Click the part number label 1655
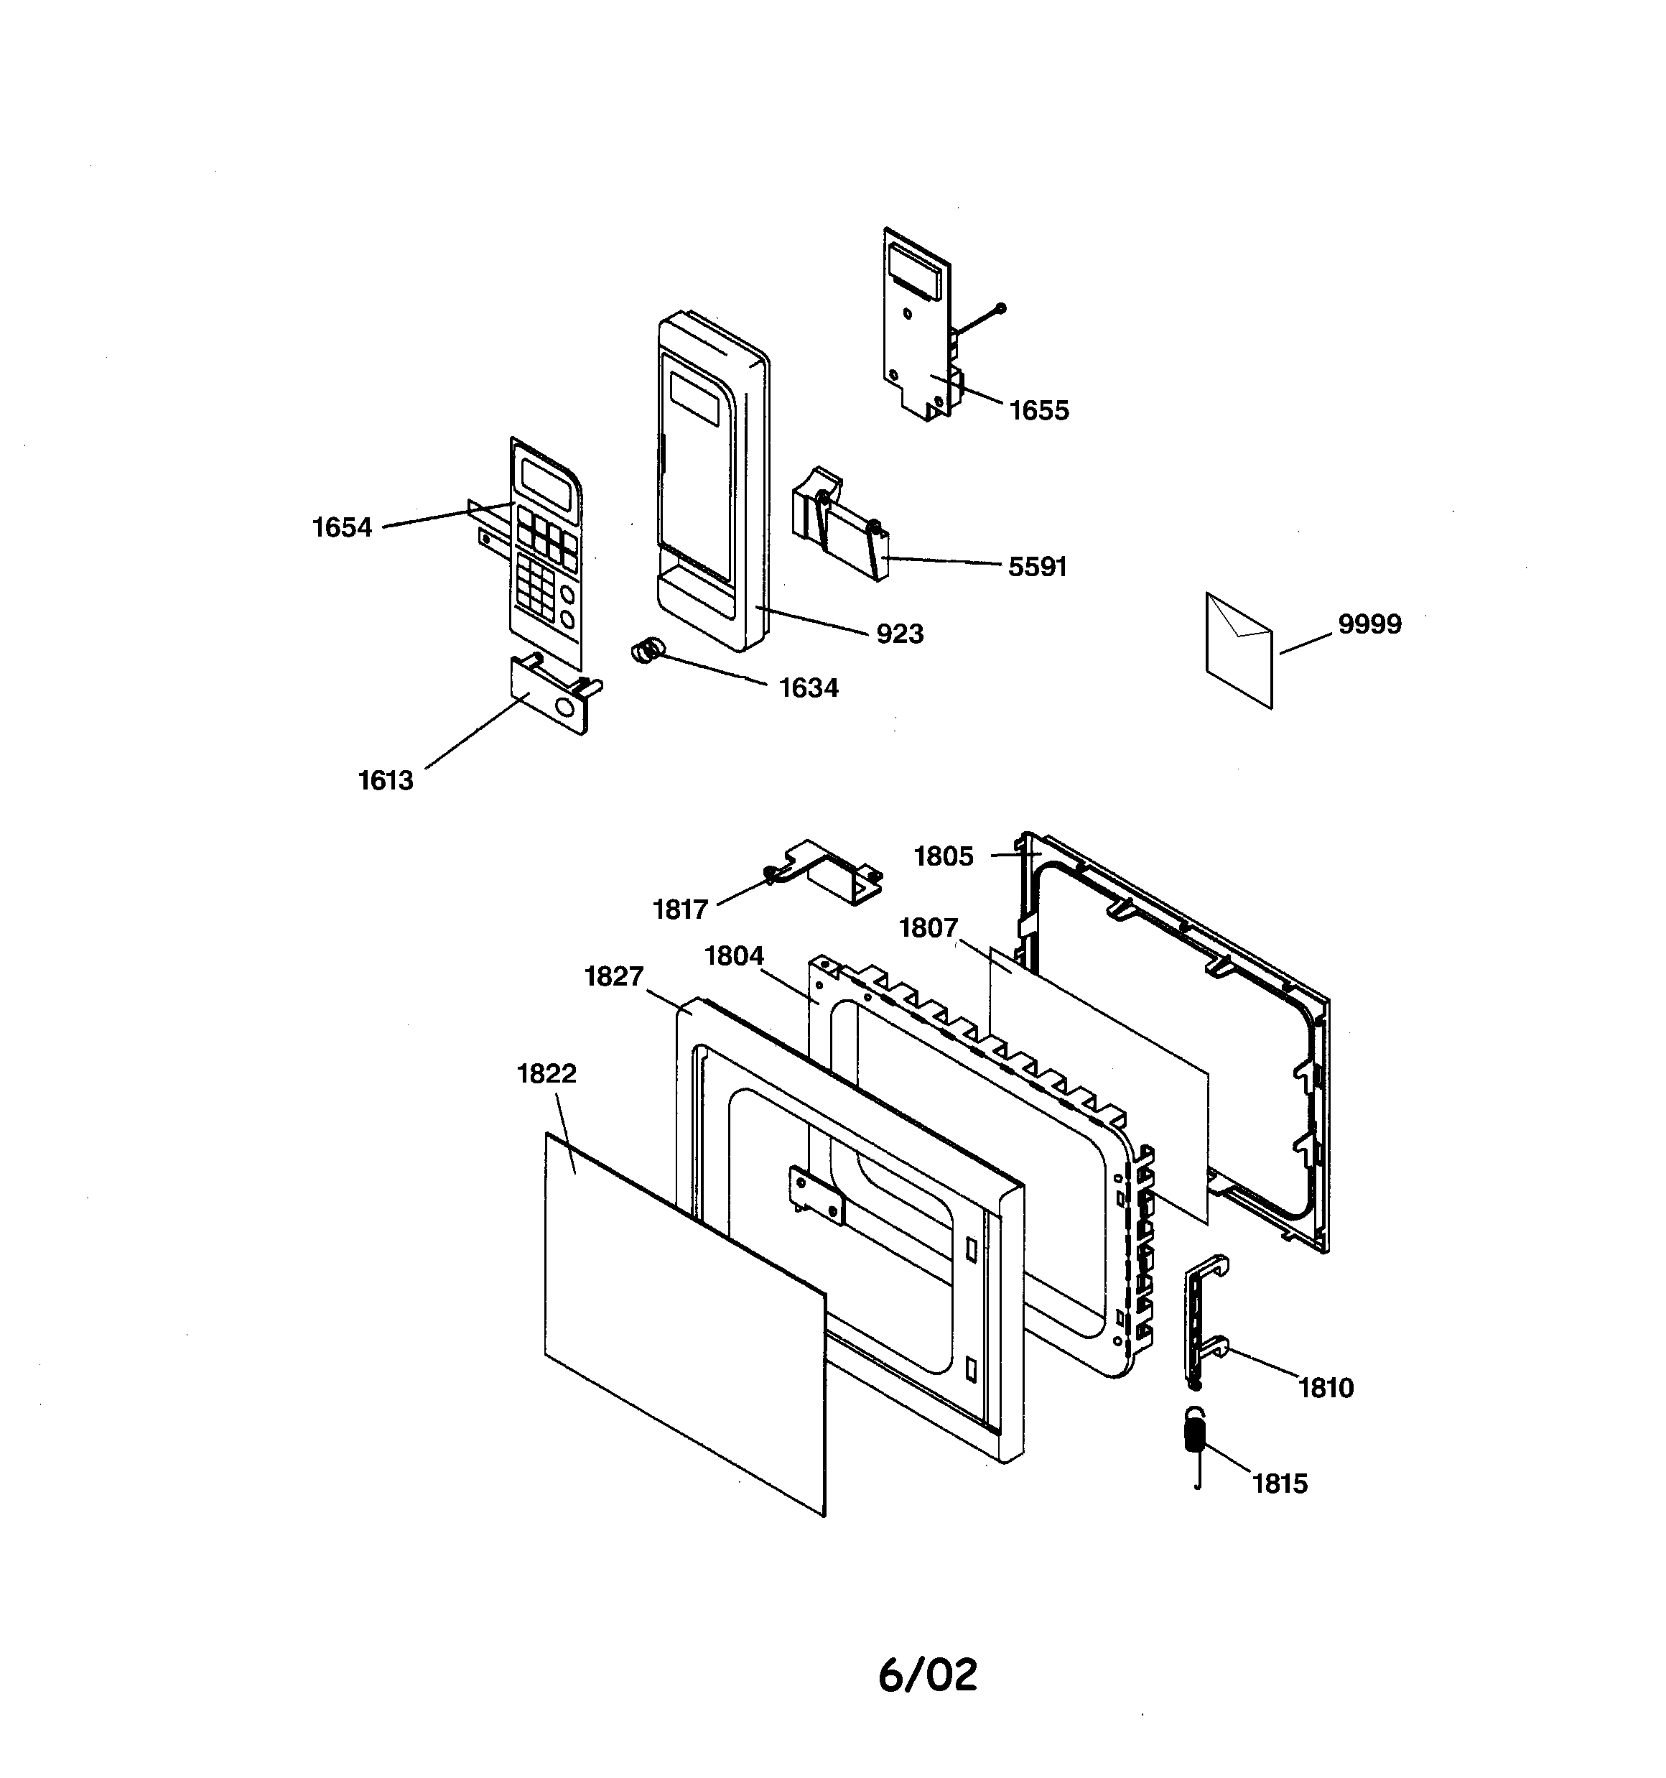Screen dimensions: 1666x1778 (x=1039, y=410)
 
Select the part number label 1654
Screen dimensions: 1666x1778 (x=342, y=528)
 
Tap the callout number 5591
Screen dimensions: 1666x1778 (x=1038, y=567)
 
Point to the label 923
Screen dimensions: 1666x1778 (x=900, y=634)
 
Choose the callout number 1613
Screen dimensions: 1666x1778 (x=386, y=781)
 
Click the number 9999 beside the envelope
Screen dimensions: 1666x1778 (x=1370, y=624)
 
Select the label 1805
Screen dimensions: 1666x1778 (x=944, y=857)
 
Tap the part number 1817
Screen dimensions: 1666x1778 (x=681, y=909)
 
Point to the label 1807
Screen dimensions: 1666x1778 (x=929, y=928)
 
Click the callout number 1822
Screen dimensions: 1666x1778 (x=546, y=1073)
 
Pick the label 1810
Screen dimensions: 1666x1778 (x=1326, y=1388)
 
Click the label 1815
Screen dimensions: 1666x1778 (x=1280, y=1483)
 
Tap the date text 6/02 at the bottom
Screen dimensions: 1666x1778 (x=929, y=1675)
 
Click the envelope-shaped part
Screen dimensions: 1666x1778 (x=1239, y=650)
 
